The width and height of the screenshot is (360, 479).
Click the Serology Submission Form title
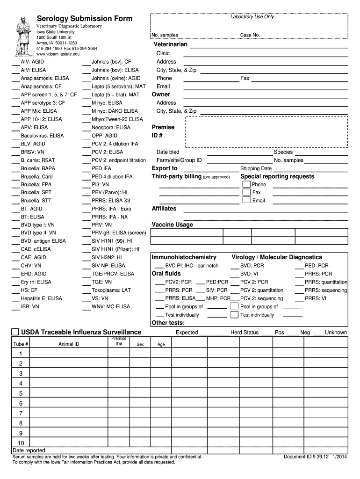[85, 19]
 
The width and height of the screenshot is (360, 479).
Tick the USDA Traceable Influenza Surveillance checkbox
[15, 332]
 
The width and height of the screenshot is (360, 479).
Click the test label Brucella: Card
[36, 177]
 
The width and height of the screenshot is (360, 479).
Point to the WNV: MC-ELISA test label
[111, 307]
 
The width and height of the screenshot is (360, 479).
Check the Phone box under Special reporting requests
[246, 184]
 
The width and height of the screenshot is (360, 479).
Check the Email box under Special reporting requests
[246, 200]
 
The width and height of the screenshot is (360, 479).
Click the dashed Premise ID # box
[266, 131]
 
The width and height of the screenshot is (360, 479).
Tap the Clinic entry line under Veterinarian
[266, 53]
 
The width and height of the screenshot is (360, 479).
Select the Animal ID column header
[69, 344]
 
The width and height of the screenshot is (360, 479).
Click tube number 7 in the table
[21, 413]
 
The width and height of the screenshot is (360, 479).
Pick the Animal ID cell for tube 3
[69, 373]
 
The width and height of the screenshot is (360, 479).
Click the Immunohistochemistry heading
[184, 257]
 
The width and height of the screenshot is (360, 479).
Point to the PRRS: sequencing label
[326, 290]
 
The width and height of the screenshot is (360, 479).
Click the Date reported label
[29, 450]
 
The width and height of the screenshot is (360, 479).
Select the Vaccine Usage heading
[172, 225]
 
